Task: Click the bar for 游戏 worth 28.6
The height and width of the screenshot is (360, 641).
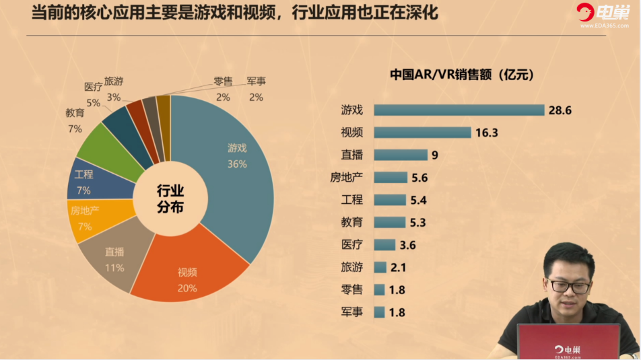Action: click(459, 110)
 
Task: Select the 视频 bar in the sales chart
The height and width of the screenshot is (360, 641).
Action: click(421, 133)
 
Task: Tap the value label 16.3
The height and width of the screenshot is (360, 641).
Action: click(486, 133)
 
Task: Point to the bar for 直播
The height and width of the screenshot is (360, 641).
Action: click(400, 155)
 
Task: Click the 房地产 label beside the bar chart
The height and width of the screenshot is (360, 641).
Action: click(346, 177)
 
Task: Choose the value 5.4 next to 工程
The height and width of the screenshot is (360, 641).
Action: click(417, 200)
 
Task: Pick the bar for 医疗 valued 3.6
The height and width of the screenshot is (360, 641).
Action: click(384, 244)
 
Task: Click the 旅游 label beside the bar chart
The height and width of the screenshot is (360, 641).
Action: click(351, 267)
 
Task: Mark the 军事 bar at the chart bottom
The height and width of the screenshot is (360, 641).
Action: click(379, 312)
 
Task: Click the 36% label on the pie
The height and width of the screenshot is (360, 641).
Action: click(237, 164)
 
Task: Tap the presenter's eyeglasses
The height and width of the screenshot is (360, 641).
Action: click(568, 285)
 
